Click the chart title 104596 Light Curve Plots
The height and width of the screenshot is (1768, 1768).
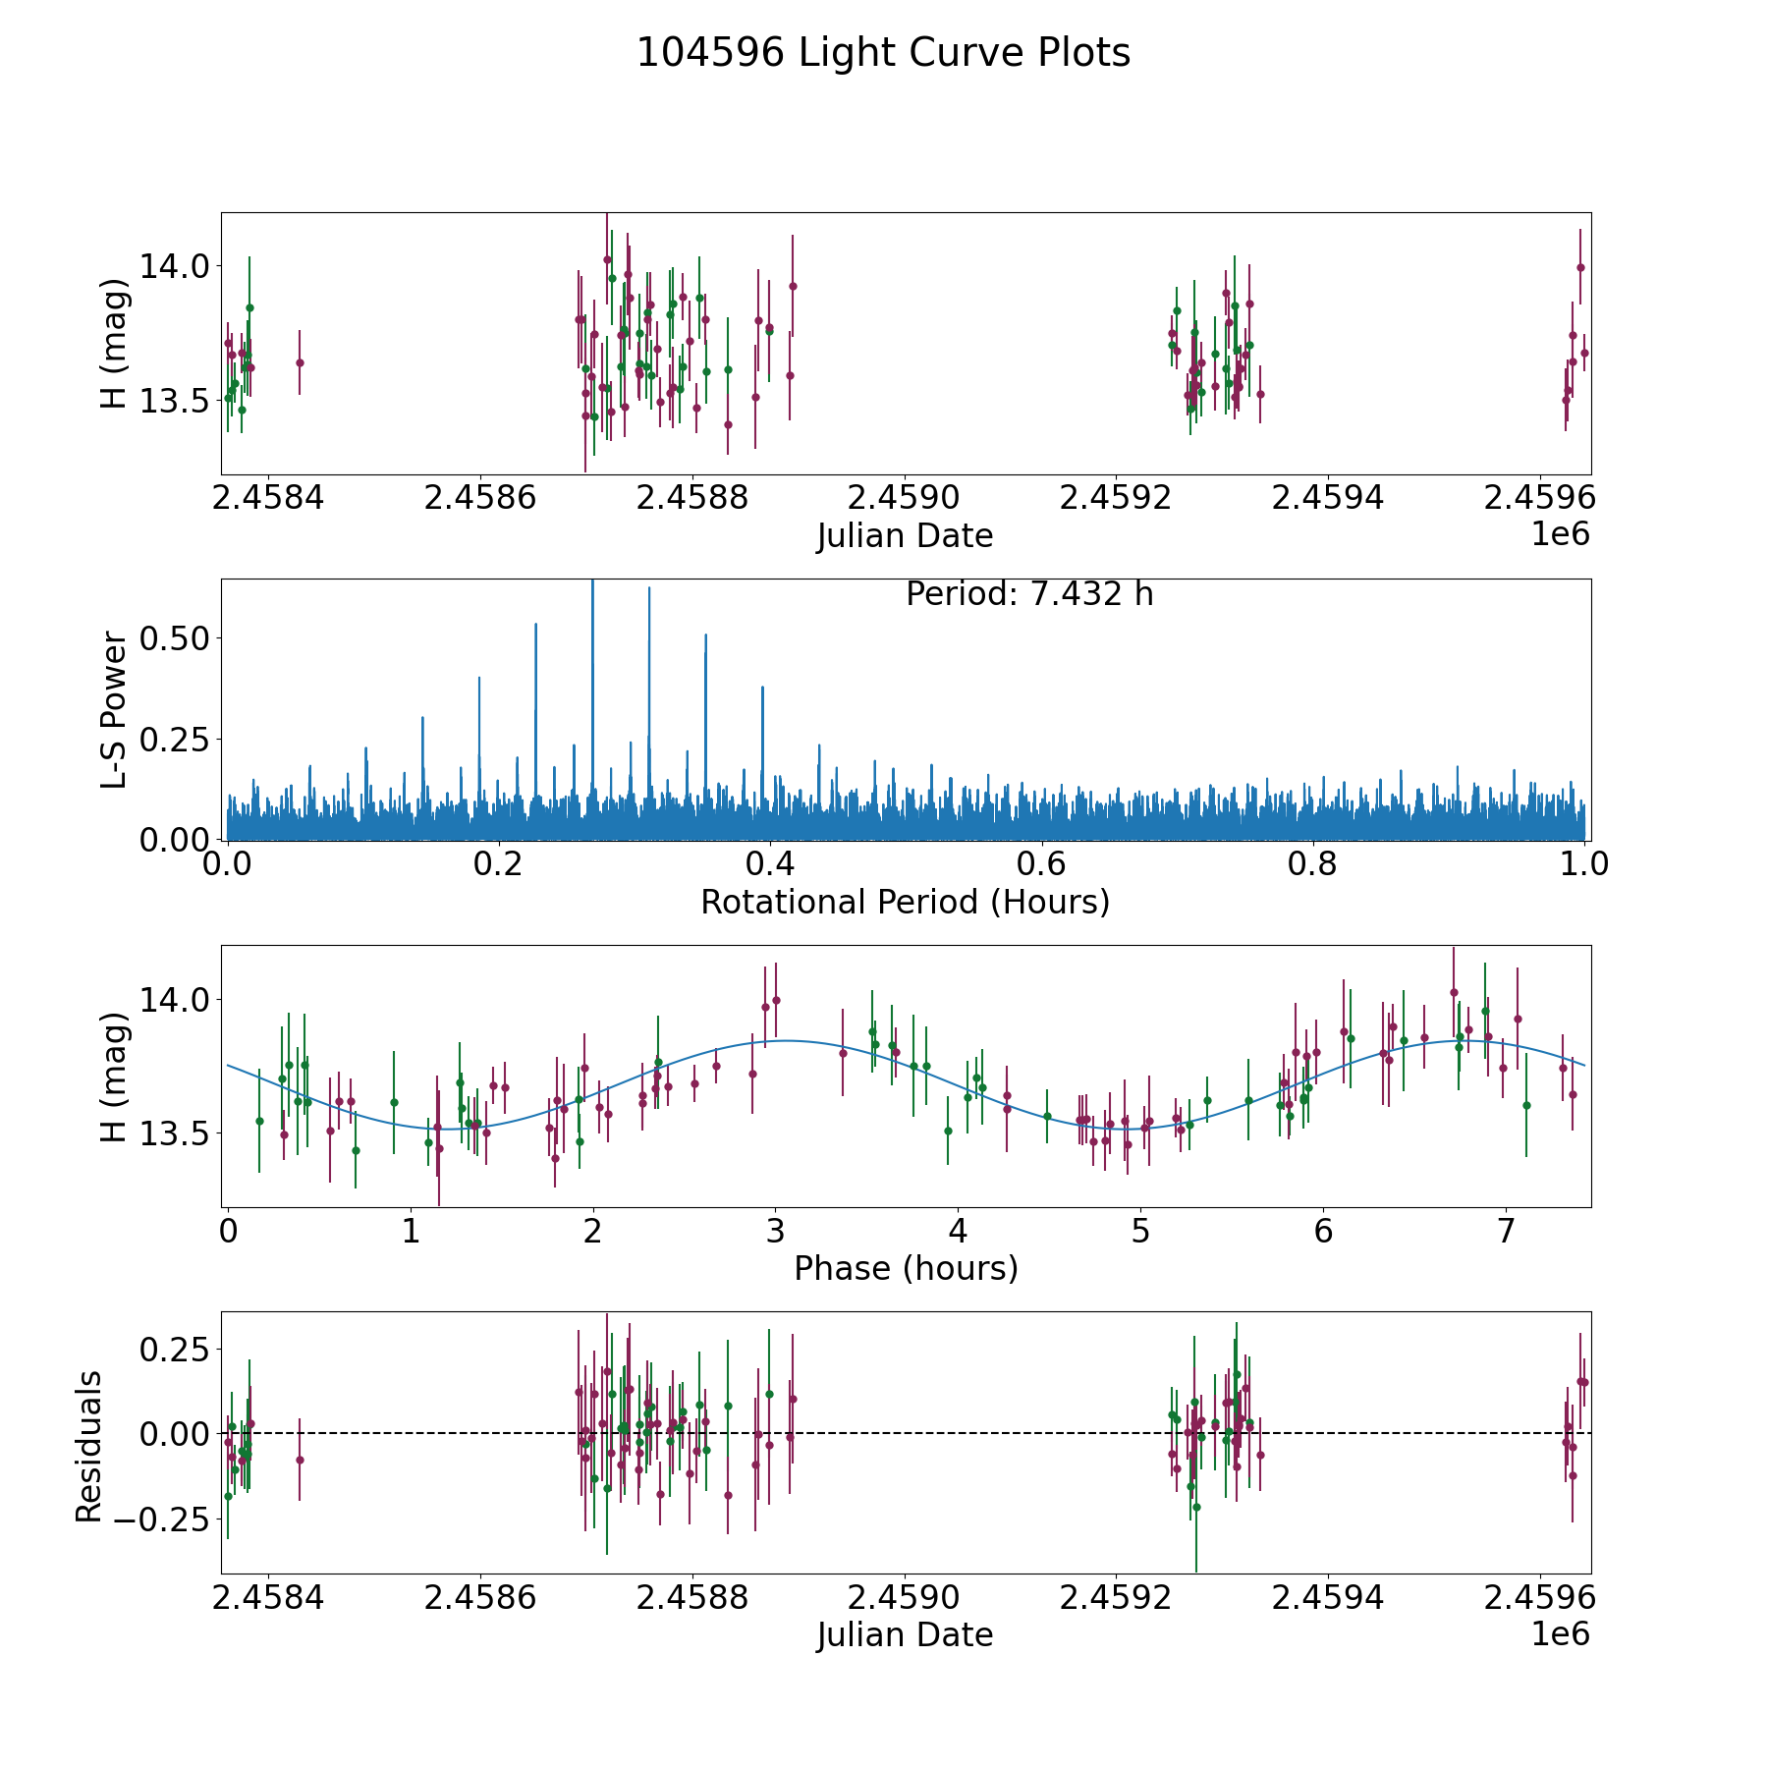[x=883, y=53]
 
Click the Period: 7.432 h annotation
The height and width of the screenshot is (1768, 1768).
[x=1029, y=594]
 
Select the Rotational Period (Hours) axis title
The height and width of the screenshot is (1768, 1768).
[x=905, y=902]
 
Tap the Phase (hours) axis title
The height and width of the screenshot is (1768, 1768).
[x=906, y=1268]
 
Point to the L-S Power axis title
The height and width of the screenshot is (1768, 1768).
[x=115, y=709]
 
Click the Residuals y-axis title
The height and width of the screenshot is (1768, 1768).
[x=89, y=1447]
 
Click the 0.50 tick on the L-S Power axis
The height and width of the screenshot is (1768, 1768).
[x=175, y=638]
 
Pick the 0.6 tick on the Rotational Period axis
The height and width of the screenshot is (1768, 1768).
[x=1041, y=864]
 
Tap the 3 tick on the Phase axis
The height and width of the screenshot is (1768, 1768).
[x=775, y=1232]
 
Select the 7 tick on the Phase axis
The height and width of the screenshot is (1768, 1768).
[x=1506, y=1232]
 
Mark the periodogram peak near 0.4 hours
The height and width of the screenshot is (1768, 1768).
[x=762, y=688]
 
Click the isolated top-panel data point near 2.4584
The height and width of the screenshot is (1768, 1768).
[x=300, y=362]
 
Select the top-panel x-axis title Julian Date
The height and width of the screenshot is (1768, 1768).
[x=905, y=536]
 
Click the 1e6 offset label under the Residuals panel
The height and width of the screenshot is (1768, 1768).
[x=1560, y=1633]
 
